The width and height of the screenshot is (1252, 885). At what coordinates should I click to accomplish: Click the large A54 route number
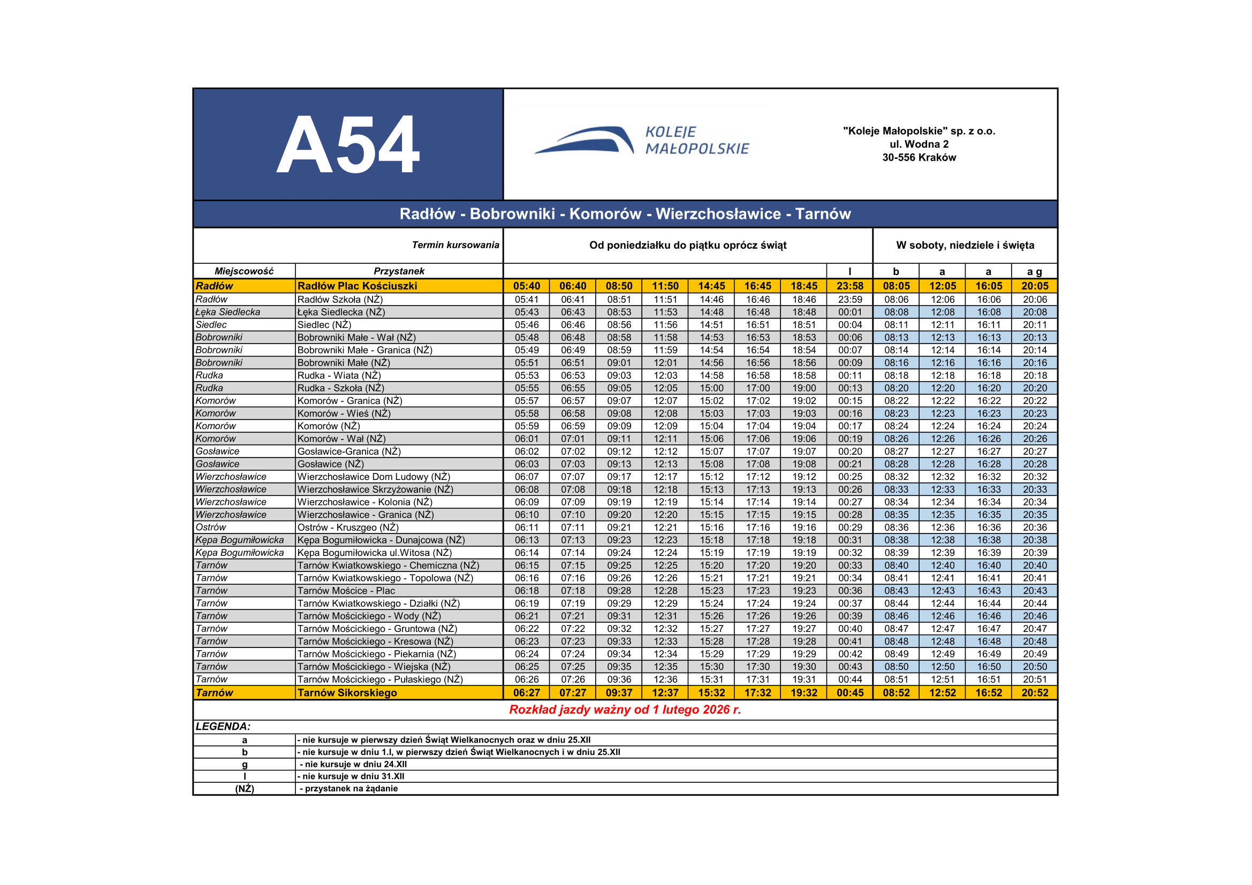[x=348, y=145]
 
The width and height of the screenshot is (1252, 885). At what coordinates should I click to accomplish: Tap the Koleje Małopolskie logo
[x=642, y=141]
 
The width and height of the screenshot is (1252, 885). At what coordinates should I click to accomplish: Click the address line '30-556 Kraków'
[x=919, y=157]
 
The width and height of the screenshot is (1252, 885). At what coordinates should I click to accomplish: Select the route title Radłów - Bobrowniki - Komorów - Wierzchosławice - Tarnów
[x=625, y=213]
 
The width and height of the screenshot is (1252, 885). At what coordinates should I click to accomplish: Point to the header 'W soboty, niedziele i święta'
[x=965, y=245]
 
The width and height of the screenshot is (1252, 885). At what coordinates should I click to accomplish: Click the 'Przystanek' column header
[x=399, y=271]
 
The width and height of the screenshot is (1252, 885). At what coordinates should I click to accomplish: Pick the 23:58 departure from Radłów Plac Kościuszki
[x=849, y=286]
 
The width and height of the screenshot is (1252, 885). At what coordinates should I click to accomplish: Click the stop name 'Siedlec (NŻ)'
[x=324, y=325]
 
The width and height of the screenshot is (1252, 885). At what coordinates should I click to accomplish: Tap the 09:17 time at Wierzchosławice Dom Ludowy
[x=619, y=477]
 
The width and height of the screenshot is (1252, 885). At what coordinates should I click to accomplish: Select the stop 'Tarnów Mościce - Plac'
[x=346, y=591]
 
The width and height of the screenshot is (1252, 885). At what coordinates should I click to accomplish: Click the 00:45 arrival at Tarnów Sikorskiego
[x=849, y=692]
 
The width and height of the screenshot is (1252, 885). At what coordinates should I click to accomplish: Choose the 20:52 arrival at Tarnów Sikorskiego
[x=1035, y=692]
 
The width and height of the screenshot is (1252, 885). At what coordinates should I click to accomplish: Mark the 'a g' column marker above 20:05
[x=1035, y=271]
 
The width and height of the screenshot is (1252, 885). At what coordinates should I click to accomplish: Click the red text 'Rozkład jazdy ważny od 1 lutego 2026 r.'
[x=625, y=709]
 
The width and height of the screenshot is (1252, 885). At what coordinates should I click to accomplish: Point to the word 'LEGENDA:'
[x=223, y=727]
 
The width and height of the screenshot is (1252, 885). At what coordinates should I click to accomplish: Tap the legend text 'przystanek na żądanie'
[x=351, y=789]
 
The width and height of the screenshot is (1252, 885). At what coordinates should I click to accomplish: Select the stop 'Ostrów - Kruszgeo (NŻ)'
[x=348, y=528]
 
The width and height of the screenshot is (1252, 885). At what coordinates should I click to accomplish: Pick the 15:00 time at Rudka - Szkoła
[x=711, y=388]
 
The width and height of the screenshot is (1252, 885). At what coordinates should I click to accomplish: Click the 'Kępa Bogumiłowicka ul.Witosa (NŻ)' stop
[x=375, y=553]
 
